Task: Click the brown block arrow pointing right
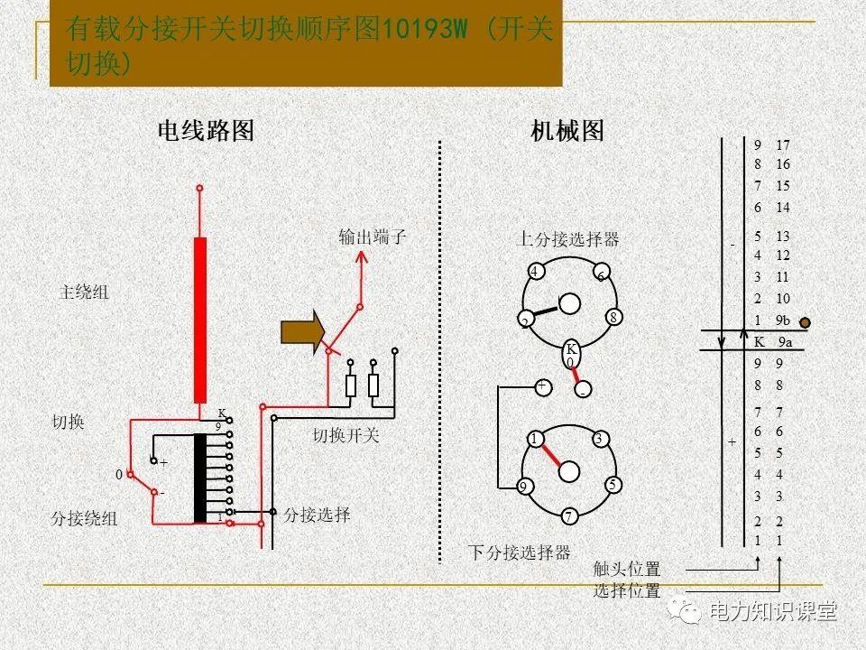[301, 333]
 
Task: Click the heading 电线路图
[206, 131]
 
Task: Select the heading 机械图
[567, 131]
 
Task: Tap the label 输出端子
[373, 237]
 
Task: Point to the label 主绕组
[84, 292]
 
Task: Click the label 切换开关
[346, 435]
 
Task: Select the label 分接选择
[317, 515]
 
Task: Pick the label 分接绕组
[84, 518]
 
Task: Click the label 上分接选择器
[567, 239]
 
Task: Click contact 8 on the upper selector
[613, 317]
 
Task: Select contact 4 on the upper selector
[535, 272]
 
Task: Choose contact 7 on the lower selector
[568, 516]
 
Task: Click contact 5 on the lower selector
[612, 485]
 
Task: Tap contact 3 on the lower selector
[600, 439]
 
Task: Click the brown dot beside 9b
[806, 321]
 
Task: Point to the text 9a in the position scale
[785, 341]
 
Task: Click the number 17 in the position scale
[782, 144]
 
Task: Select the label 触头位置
[627, 569]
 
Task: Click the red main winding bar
[199, 320]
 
